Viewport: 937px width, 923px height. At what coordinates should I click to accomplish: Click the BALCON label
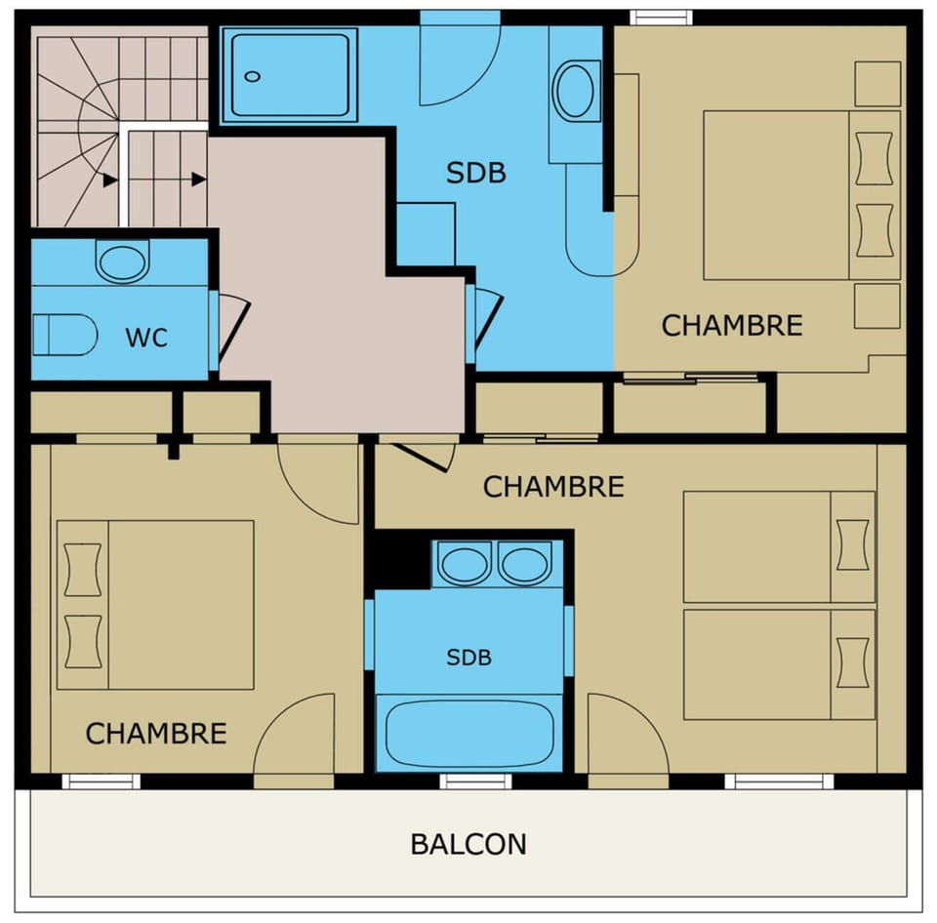click(x=468, y=844)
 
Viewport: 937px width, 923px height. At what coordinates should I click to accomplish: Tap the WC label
click(x=146, y=339)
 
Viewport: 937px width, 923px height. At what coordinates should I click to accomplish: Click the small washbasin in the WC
click(x=122, y=262)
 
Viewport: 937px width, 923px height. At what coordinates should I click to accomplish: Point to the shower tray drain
click(x=253, y=76)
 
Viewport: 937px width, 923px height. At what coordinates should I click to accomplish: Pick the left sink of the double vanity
click(x=464, y=564)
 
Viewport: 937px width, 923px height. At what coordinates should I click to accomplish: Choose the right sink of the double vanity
click(x=525, y=564)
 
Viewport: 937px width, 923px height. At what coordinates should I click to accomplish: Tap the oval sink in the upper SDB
click(x=577, y=92)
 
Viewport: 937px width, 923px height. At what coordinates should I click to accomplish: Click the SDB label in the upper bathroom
click(x=476, y=173)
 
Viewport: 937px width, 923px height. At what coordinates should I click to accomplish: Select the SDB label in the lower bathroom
click(x=468, y=658)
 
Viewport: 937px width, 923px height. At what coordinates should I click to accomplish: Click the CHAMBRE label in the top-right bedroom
click(x=732, y=326)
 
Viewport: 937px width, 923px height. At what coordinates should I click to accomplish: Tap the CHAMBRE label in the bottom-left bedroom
click(x=156, y=734)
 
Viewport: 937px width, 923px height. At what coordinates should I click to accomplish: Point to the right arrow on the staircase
click(x=198, y=180)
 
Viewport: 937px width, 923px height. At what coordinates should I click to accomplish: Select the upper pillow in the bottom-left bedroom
click(x=82, y=569)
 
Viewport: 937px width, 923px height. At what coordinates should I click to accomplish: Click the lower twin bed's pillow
click(x=852, y=655)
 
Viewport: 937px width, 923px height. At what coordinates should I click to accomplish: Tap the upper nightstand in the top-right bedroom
click(x=876, y=84)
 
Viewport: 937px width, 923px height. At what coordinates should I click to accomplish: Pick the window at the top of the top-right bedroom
click(x=661, y=17)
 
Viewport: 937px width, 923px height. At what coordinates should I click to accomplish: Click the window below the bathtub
click(x=475, y=781)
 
